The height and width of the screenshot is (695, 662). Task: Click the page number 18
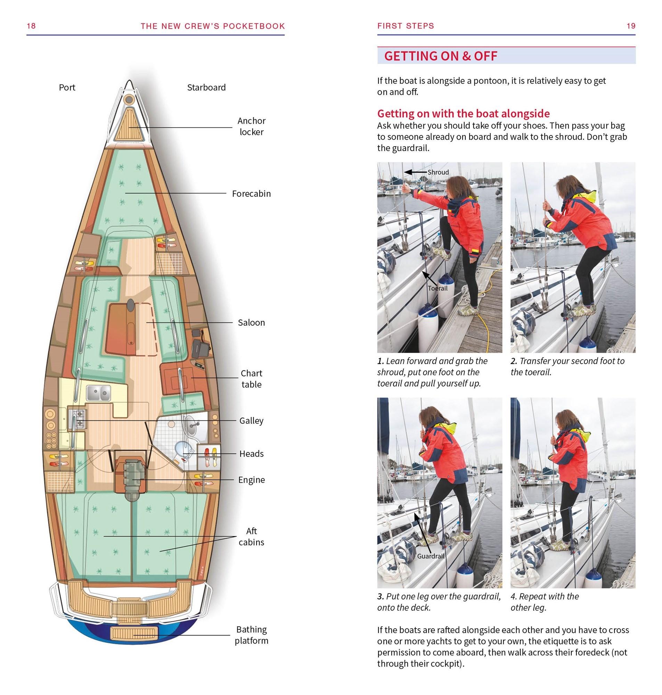click(31, 26)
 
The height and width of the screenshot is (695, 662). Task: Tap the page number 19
click(631, 26)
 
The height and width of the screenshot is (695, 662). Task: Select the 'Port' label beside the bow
click(67, 88)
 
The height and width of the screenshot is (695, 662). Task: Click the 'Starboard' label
click(206, 88)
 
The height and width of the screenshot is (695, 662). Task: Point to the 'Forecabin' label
click(251, 194)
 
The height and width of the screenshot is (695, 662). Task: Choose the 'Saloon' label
click(251, 322)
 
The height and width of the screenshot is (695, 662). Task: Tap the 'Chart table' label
click(251, 379)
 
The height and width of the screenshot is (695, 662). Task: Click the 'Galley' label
click(251, 420)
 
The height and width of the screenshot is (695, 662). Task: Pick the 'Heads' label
click(251, 454)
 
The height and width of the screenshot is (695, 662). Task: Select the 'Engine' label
click(251, 480)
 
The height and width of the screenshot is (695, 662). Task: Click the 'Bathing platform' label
click(251, 635)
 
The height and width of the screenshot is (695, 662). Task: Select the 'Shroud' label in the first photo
click(438, 172)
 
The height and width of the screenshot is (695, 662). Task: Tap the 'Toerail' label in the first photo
click(438, 288)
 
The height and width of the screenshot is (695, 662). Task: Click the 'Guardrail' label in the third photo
click(431, 556)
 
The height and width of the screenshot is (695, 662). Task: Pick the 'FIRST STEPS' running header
click(406, 26)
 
